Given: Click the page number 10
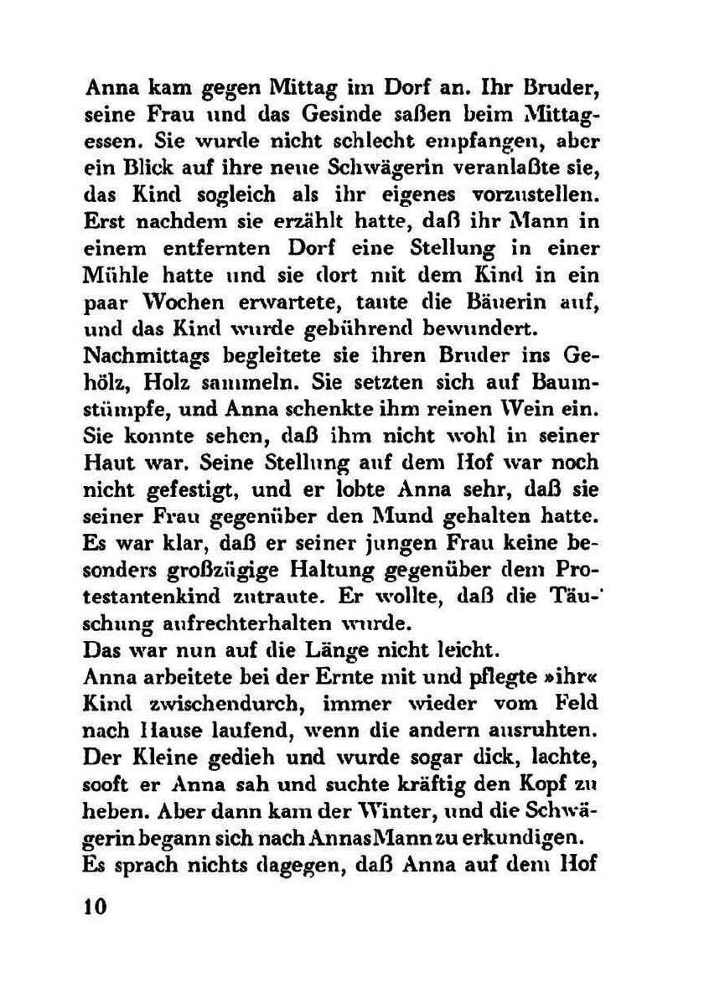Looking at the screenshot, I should [97, 910].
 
